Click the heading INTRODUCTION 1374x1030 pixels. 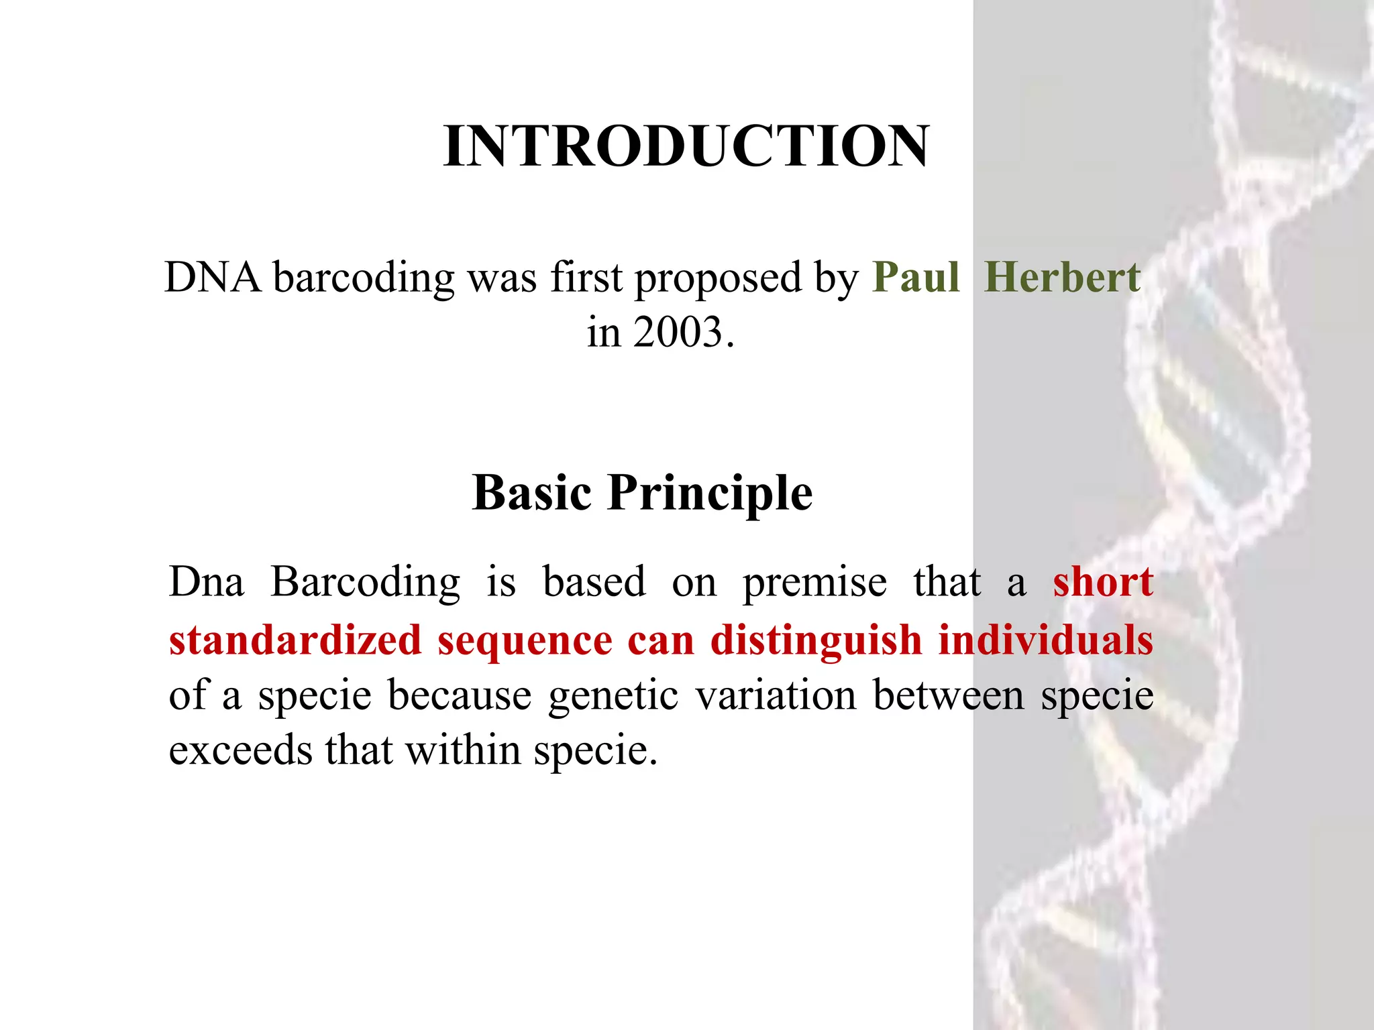point(686,146)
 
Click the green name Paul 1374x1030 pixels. point(916,278)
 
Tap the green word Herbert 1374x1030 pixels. point(1062,278)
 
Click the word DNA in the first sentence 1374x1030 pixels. point(213,278)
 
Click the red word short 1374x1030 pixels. point(1102,581)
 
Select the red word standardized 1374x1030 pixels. point(295,640)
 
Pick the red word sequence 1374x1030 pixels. point(525,641)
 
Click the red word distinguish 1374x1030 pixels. point(816,641)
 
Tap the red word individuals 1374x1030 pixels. point(1045,640)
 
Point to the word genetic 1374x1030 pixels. point(613,696)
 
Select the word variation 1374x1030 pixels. point(776,695)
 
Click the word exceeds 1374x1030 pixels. point(240,750)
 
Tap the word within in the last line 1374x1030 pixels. point(463,750)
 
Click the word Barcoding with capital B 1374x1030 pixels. point(366,582)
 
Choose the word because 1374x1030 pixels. point(460,695)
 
